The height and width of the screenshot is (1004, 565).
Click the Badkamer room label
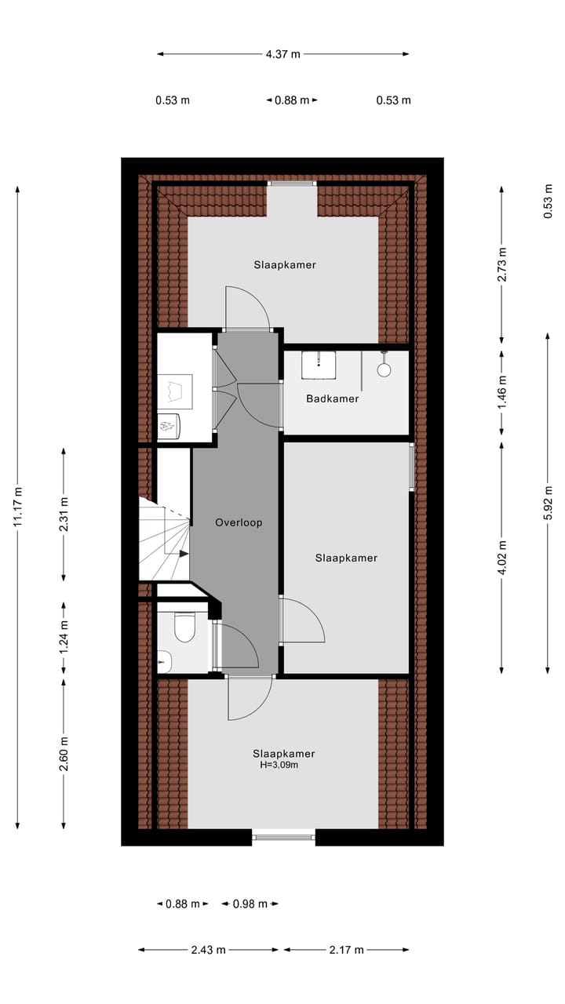click(332, 398)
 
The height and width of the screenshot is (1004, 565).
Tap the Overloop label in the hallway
click(239, 522)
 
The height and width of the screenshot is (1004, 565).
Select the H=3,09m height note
click(279, 765)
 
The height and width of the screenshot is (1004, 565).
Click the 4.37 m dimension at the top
click(282, 55)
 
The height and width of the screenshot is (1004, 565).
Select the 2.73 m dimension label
click(502, 264)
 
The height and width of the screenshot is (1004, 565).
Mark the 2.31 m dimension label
click(64, 515)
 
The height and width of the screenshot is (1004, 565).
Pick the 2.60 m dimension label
click(64, 754)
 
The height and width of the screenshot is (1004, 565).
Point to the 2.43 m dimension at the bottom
click(208, 950)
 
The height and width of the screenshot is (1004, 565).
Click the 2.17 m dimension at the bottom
click(346, 950)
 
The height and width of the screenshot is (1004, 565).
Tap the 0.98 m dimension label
click(250, 904)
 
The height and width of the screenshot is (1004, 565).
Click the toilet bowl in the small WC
click(184, 628)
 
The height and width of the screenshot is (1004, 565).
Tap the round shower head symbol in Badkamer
click(385, 369)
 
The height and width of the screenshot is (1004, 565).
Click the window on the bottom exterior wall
click(283, 837)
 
